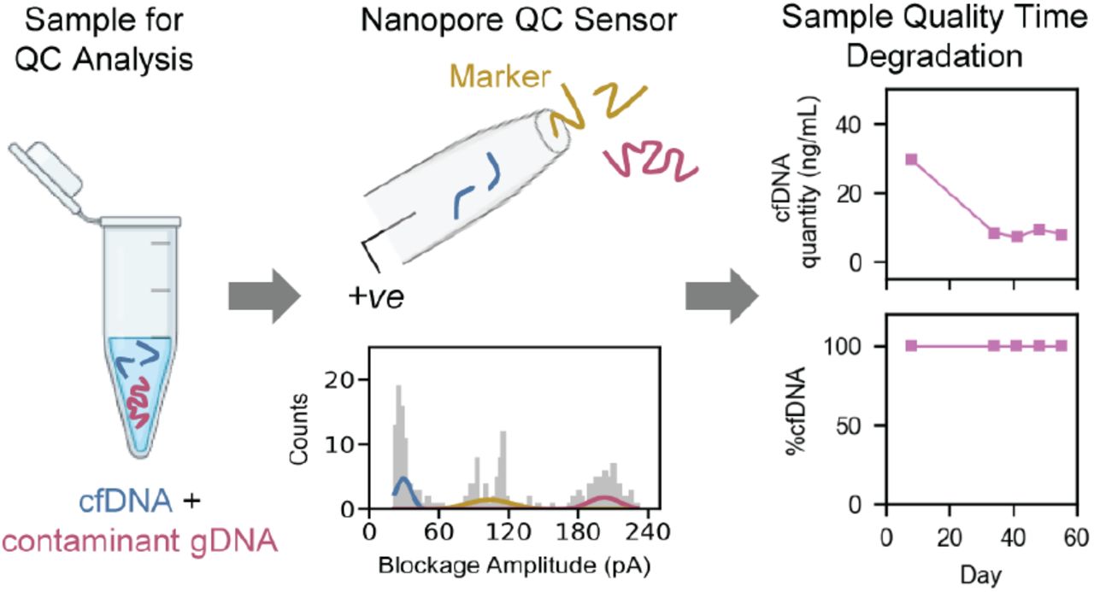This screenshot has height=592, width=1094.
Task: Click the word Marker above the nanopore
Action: pyautogui.click(x=500, y=77)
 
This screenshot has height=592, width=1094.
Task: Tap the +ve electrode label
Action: pyautogui.click(x=376, y=296)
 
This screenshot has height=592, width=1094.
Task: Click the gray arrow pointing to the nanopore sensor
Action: pyautogui.click(x=264, y=296)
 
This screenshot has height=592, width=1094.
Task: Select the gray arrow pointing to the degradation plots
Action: pyautogui.click(x=722, y=296)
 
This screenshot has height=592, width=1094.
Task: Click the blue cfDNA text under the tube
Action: pyautogui.click(x=126, y=501)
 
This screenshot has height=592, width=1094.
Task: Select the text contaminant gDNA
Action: pyautogui.click(x=140, y=541)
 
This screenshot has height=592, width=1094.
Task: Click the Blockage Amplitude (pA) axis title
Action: pyautogui.click(x=515, y=566)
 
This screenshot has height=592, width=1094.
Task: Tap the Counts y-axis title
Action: pyautogui.click(x=298, y=429)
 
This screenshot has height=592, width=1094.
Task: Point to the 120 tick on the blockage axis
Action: pyautogui.click(x=509, y=531)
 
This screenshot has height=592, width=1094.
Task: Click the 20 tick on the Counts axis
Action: pyautogui.click(x=340, y=380)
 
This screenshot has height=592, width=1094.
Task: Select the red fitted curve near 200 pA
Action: pyautogui.click(x=604, y=501)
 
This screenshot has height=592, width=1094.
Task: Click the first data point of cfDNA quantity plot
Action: pyautogui.click(x=911, y=160)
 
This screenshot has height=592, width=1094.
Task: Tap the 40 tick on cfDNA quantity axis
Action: pyautogui.click(x=849, y=125)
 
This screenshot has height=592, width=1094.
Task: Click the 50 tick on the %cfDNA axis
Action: pyautogui.click(x=849, y=425)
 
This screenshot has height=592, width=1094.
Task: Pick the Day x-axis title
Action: pyautogui.click(x=981, y=577)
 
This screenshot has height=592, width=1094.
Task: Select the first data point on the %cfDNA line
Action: pyautogui.click(x=911, y=346)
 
